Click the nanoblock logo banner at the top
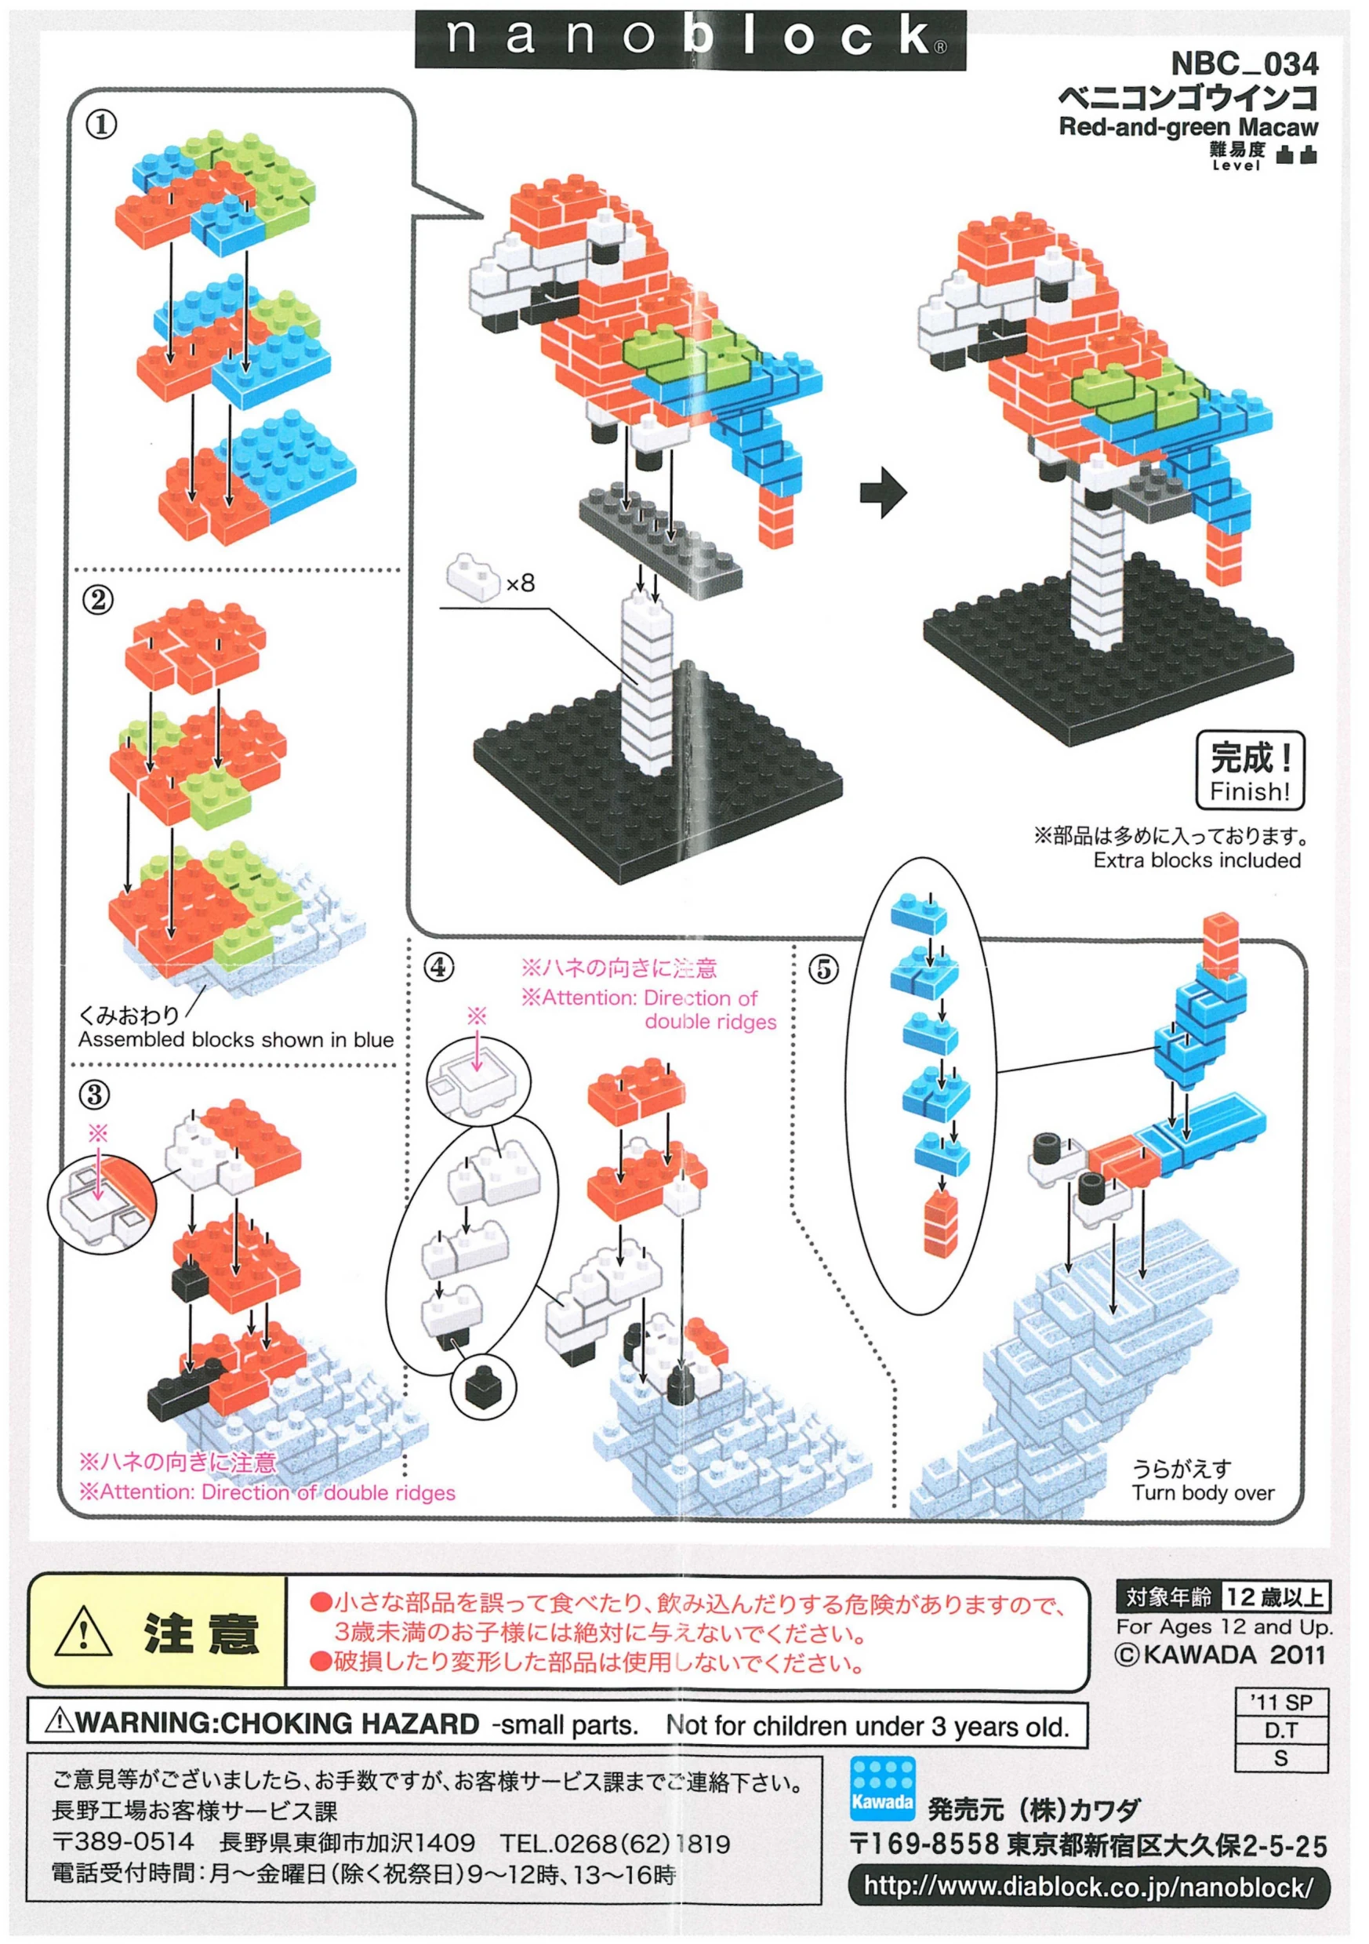[689, 39]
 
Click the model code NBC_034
[1244, 64]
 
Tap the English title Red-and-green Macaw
[1188, 127]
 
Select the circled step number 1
[100, 125]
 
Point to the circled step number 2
[98, 601]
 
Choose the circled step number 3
[95, 1095]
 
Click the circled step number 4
[438, 967]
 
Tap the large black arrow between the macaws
[883, 491]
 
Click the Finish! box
[1250, 771]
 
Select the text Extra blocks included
[1197, 860]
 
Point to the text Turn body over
[1202, 1493]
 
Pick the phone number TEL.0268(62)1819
[615, 1844]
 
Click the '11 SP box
[1280, 1702]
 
